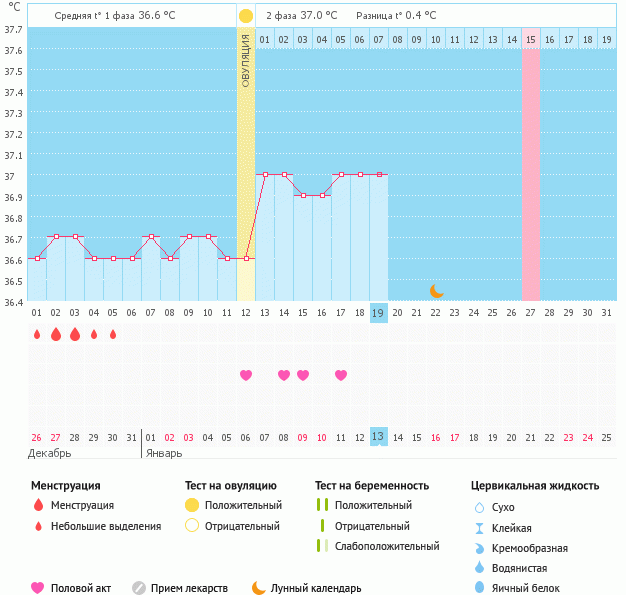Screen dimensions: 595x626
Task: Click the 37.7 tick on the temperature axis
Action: coord(13,29)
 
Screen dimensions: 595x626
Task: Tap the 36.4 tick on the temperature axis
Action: coord(13,301)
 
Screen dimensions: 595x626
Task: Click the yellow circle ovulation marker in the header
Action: coord(246,16)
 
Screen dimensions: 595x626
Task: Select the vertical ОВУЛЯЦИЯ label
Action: coord(246,61)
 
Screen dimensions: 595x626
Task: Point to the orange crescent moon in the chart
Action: coord(437,291)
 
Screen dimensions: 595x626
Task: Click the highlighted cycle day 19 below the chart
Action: coord(378,313)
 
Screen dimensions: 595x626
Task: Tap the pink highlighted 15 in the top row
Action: coord(530,40)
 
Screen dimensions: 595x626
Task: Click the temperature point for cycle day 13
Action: coord(265,174)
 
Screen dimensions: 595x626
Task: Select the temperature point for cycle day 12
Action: coord(246,258)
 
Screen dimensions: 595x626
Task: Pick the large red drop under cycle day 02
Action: coord(56,334)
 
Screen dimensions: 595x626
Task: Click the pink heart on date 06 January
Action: coord(246,375)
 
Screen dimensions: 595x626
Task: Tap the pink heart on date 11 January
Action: coord(341,375)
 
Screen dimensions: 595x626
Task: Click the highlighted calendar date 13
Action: coord(378,437)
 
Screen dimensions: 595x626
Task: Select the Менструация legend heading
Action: coord(66,485)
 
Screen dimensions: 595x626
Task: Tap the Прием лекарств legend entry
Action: coord(189,588)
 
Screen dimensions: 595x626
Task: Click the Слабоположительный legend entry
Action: coord(387,546)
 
